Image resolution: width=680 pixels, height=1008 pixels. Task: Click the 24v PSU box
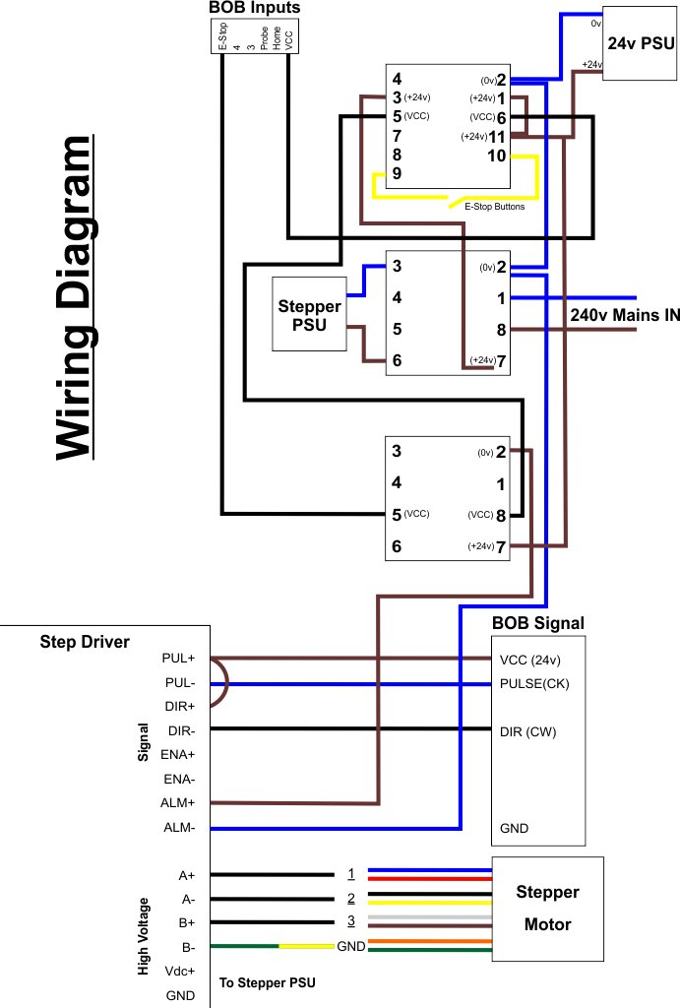pyautogui.click(x=640, y=43)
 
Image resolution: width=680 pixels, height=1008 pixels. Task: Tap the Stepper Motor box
pyautogui.click(x=547, y=908)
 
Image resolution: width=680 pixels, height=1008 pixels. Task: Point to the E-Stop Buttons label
pyautogui.click(x=494, y=207)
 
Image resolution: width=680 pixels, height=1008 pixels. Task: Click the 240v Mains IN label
pyautogui.click(x=625, y=316)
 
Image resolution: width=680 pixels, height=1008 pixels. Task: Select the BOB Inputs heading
pyautogui.click(x=255, y=8)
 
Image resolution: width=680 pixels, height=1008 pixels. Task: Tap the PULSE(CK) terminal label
pyautogui.click(x=534, y=683)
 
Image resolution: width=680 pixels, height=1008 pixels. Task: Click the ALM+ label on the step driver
pyautogui.click(x=179, y=803)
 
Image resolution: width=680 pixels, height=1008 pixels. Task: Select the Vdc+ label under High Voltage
pyautogui.click(x=179, y=971)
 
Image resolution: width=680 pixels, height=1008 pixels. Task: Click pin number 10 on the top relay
pyautogui.click(x=497, y=156)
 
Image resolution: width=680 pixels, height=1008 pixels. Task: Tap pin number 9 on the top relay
pyautogui.click(x=397, y=173)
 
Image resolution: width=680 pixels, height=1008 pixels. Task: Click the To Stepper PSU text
pyautogui.click(x=268, y=982)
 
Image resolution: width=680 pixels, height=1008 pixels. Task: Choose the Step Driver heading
pyautogui.click(x=85, y=642)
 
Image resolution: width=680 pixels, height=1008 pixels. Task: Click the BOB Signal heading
pyautogui.click(x=537, y=623)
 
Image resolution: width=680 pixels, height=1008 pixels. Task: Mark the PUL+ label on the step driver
pyautogui.click(x=179, y=658)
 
